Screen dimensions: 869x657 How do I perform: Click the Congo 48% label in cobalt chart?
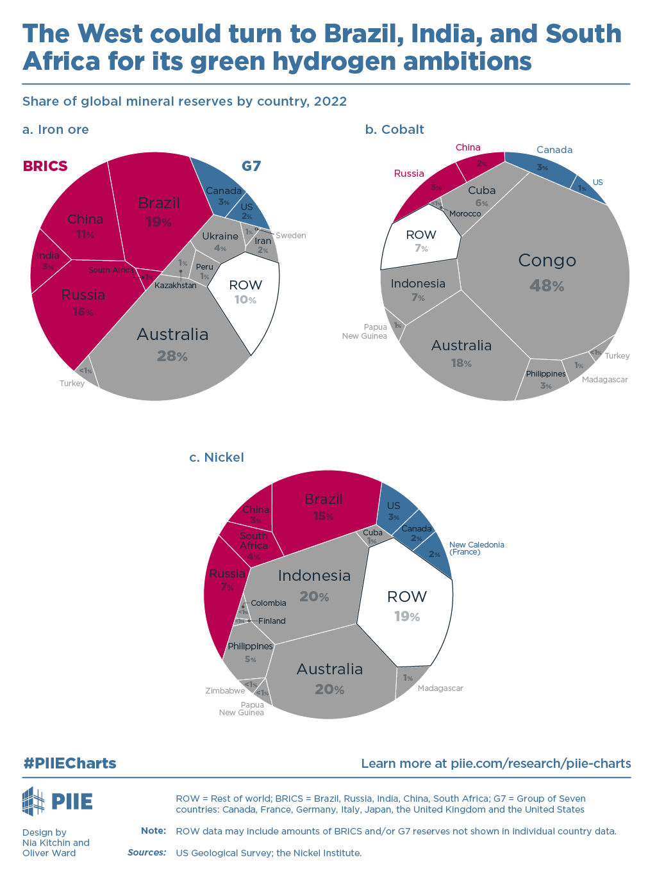[x=547, y=272]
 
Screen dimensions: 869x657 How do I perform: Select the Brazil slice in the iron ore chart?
[x=158, y=211]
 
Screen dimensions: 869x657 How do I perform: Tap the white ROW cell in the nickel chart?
[x=406, y=605]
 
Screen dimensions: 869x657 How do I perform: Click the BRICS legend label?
[x=45, y=166]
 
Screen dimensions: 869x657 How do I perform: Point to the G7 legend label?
[x=251, y=166]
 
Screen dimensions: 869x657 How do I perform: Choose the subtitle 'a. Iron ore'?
[x=56, y=129]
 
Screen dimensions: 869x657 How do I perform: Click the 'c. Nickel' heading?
[x=217, y=457]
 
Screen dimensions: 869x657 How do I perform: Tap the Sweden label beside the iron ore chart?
[x=291, y=236]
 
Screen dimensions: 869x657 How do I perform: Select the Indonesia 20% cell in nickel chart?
[x=314, y=585]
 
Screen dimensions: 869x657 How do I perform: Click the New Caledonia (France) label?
[x=476, y=548]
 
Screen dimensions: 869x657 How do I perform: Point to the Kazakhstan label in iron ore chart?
[x=175, y=286]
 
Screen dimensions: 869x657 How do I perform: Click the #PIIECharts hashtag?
[x=70, y=763]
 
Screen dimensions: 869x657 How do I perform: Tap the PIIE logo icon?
[x=33, y=801]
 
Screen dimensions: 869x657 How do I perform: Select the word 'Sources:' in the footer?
[x=147, y=852]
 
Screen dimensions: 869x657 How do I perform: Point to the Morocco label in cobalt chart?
[x=465, y=214]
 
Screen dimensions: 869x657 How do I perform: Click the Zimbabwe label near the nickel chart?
[x=225, y=691]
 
